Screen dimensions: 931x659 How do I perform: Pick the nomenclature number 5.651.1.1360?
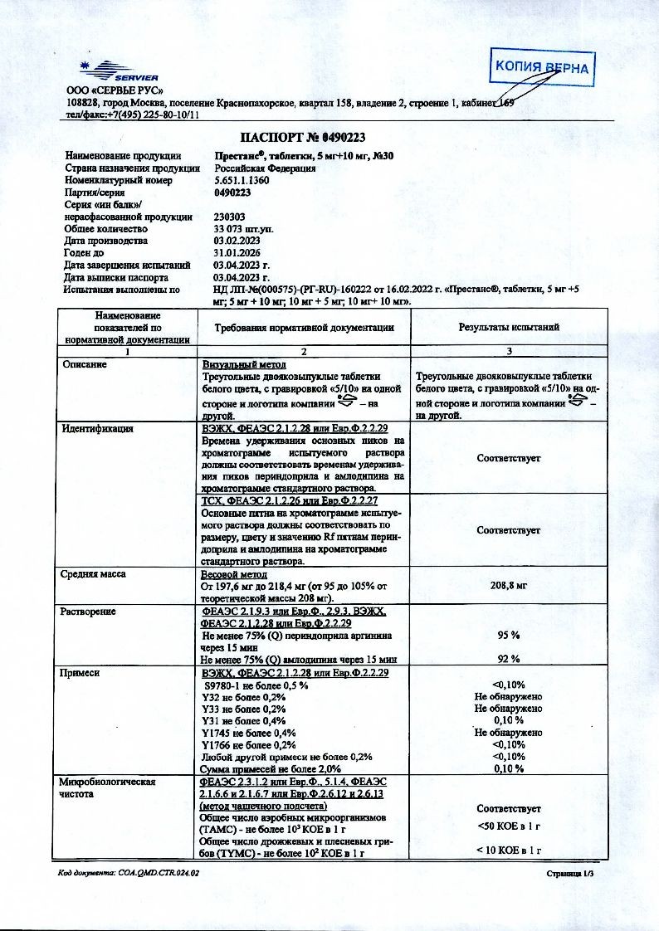pos(242,179)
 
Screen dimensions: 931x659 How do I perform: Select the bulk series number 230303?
pos(229,216)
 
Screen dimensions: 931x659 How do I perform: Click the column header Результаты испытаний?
pos(509,327)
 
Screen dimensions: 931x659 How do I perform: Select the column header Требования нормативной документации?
pos(304,327)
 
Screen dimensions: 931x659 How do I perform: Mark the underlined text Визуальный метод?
pos(244,364)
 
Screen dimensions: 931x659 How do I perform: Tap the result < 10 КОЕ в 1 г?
pos(509,850)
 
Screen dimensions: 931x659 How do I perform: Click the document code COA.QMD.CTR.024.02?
pos(129,873)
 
